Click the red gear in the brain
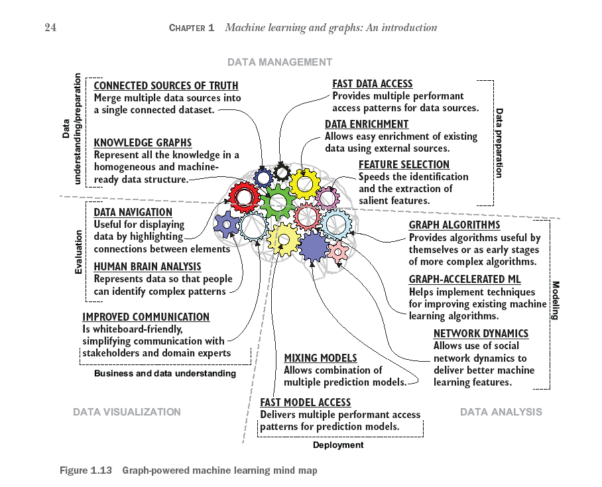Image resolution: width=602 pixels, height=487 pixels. [245, 196]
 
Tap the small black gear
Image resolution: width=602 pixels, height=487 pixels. [282, 172]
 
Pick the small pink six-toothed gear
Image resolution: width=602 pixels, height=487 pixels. [339, 251]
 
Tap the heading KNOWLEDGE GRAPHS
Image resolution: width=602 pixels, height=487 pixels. [143, 142]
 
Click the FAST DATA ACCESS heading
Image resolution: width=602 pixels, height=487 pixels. [373, 84]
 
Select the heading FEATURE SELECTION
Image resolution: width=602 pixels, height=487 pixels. [404, 165]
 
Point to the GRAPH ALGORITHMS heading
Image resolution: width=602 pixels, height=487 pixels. [454, 225]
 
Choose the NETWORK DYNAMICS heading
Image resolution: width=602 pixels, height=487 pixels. [481, 334]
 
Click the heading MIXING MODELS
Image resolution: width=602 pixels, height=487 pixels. [320, 358]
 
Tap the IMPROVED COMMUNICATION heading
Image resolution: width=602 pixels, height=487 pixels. [146, 317]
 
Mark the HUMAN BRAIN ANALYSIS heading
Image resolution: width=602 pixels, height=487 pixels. [147, 267]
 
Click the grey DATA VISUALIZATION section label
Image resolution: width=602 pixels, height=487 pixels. [127, 411]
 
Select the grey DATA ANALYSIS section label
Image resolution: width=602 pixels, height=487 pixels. [501, 411]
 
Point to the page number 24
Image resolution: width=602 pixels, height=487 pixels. [50, 27]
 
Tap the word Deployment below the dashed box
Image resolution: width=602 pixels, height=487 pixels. [338, 445]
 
